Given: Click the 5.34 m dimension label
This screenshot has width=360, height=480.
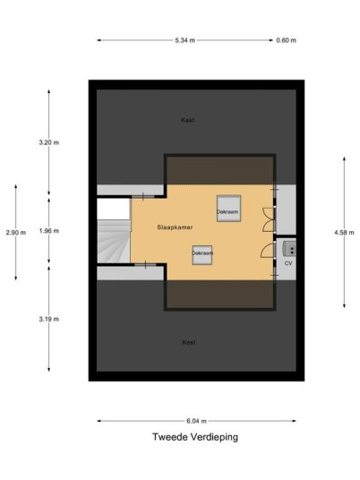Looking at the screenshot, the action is tap(184, 40).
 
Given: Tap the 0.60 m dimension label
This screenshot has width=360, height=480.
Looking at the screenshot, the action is tap(287, 40).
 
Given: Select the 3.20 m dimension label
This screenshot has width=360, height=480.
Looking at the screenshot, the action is tap(49, 142).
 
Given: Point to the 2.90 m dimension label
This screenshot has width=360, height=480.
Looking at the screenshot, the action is tap(16, 232).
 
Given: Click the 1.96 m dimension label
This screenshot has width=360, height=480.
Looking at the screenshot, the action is tap(49, 231).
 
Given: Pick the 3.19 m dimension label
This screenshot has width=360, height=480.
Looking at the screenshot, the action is tap(49, 319).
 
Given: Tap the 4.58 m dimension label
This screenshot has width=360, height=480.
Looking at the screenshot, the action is tap(344, 232).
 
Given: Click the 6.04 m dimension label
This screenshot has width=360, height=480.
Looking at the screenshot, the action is tap(196, 421).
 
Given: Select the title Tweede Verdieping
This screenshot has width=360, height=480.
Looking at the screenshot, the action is tap(195, 437).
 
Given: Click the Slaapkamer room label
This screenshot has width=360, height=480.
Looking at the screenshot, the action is tap(176, 227).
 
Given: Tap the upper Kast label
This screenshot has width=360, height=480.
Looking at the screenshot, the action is tap(187, 120).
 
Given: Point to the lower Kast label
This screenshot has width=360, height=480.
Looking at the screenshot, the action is tap(189, 342).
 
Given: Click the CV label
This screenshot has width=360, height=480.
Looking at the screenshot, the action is tap(288, 263).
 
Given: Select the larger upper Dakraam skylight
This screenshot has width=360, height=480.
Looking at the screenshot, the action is tap(228, 208).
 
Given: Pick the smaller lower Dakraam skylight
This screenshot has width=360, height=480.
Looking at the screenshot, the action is tap(202, 254).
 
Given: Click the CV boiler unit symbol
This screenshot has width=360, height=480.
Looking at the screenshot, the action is tap(289, 249).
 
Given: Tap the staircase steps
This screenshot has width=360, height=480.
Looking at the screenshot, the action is tap(114, 241).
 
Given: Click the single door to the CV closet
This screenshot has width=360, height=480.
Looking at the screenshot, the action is tap(267, 251).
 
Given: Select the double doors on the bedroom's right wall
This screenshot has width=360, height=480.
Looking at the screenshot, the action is tap(269, 219).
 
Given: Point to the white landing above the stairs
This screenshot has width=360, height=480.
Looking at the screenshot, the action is tap(114, 209).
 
